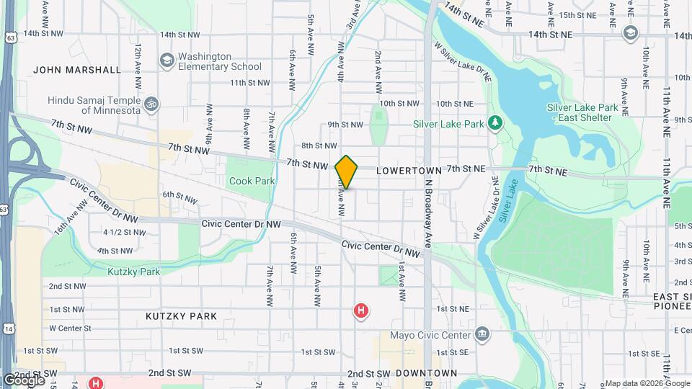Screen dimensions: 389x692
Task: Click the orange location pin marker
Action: tap(346, 172)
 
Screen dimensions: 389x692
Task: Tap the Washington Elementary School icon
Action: tap(167, 59)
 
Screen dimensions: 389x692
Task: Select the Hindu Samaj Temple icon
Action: tap(151, 104)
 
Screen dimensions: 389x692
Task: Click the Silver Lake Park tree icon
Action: tap(495, 123)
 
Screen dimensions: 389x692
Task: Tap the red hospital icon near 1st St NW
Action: tap(360, 311)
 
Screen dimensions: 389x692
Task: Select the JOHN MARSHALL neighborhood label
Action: tap(76, 70)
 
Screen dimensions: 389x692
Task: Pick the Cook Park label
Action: tap(252, 181)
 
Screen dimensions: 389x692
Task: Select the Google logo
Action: tap(24, 380)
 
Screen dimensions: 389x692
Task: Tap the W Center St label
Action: tap(70, 328)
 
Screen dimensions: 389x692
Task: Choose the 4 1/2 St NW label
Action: tap(124, 232)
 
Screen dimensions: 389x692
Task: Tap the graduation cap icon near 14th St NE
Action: tap(631, 33)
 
